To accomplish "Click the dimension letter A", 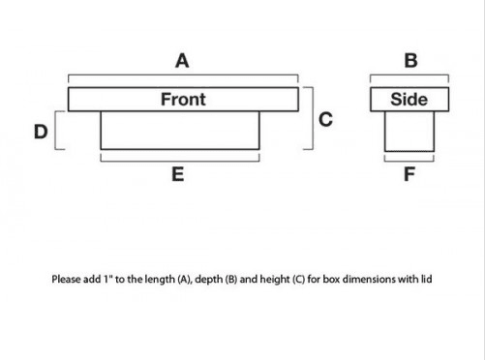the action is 181,61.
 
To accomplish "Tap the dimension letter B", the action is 410,61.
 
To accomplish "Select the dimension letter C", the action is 325,119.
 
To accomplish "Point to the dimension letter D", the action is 41,132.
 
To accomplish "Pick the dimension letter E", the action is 178,175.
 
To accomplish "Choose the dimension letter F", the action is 410,175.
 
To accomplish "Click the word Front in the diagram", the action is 183,99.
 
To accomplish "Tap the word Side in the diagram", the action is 409,99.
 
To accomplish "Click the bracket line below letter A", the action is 183,75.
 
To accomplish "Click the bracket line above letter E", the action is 179,158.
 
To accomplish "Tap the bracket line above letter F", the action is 409,158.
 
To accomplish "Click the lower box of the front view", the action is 179,130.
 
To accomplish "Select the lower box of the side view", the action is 409,130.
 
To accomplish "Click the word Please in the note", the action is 67,280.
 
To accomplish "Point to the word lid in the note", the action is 424,280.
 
